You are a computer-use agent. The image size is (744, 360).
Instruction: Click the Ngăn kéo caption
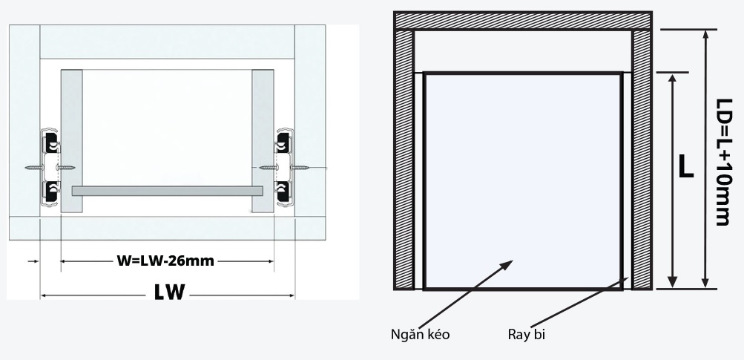420,335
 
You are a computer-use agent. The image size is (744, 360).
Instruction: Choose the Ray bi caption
527,335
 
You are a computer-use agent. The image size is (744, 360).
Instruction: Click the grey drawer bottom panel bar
167,191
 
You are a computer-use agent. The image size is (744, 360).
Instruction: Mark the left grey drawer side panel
71,141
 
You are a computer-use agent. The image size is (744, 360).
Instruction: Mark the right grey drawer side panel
263,141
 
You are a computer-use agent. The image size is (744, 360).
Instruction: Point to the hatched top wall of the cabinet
522,21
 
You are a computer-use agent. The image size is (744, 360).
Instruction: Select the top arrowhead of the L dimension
672,78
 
